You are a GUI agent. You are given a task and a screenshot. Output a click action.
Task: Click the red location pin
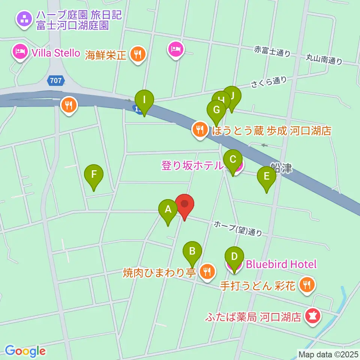[x=184, y=205]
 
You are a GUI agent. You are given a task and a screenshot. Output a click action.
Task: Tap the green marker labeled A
[x=168, y=211]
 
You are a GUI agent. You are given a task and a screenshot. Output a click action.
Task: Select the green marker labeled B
[x=192, y=252]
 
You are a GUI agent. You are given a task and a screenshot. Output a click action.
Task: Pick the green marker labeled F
[x=94, y=176]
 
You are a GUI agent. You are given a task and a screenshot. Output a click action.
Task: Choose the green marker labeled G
[x=216, y=111]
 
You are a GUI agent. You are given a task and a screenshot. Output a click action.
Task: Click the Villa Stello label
[x=56, y=53]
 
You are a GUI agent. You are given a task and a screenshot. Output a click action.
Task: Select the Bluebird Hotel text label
[x=281, y=264]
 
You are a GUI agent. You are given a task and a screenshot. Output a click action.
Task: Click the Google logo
[x=25, y=351]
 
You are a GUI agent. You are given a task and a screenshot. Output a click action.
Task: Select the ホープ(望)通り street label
[x=238, y=228]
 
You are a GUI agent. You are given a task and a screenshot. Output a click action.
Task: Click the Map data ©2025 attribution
[x=328, y=354]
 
